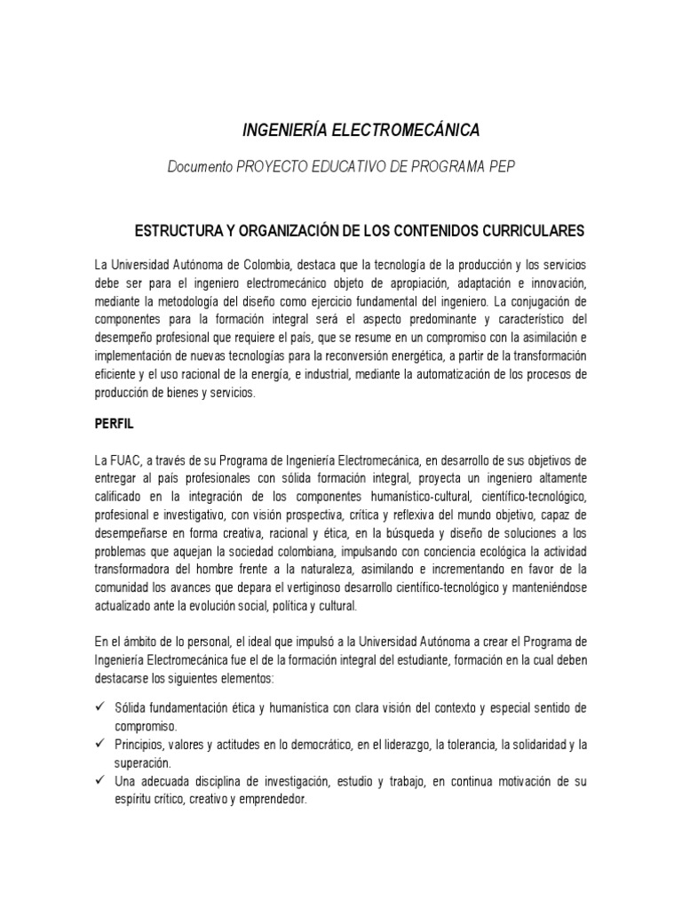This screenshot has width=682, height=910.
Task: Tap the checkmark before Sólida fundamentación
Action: pyautogui.click(x=99, y=707)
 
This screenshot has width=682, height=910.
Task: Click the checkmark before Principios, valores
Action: pyautogui.click(x=99, y=743)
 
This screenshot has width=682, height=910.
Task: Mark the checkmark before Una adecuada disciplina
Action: pyautogui.click(x=99, y=780)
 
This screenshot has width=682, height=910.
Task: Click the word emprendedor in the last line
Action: pyautogui.click(x=274, y=799)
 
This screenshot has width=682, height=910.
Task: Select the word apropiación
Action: pyautogui.click(x=395, y=284)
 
